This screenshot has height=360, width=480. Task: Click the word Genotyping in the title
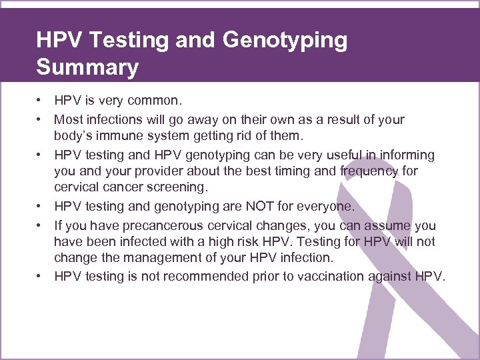(285, 41)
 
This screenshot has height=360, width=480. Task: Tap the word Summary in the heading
(87, 68)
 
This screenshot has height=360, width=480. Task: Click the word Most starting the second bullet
(69, 120)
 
